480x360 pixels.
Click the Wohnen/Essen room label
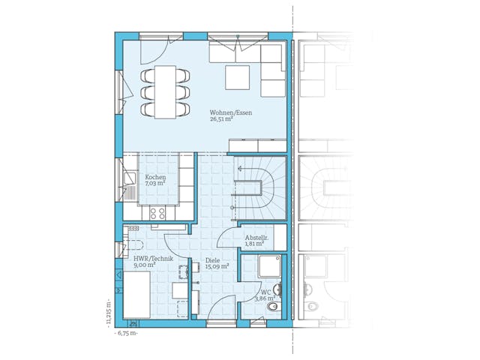click(x=230, y=113)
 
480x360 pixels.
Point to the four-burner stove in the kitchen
click(x=157, y=213)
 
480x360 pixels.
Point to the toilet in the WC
click(x=274, y=307)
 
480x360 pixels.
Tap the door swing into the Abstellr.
click(x=226, y=237)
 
